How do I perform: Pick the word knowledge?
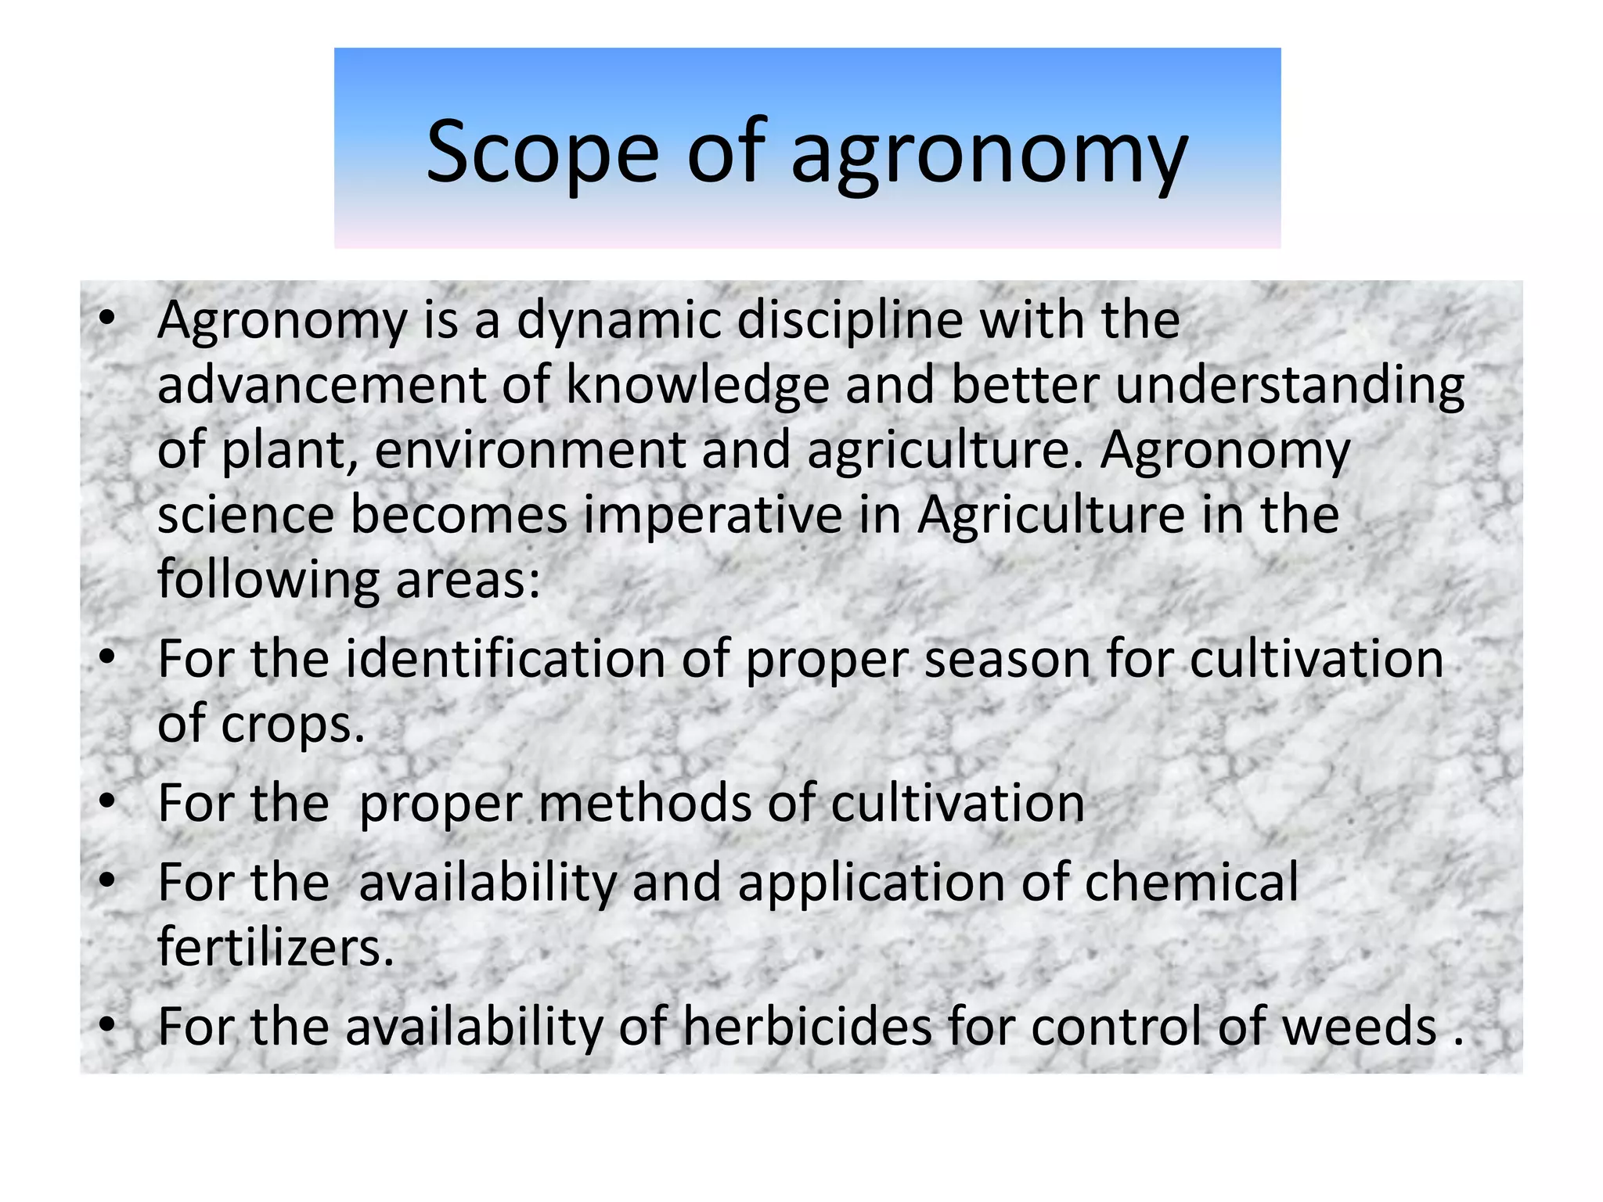[x=697, y=387]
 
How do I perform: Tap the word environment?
[x=530, y=451]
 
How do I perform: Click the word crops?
[x=293, y=725]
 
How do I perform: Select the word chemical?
[x=1191, y=882]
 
